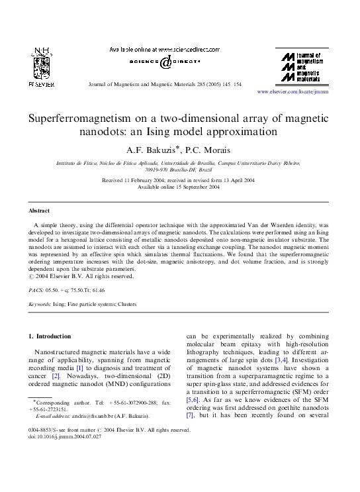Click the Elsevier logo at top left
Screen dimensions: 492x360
[x=41, y=69]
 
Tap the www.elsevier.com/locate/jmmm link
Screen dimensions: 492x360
[x=292, y=91]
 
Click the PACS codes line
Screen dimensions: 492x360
[x=66, y=290]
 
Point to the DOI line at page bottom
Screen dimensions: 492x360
[x=65, y=437]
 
